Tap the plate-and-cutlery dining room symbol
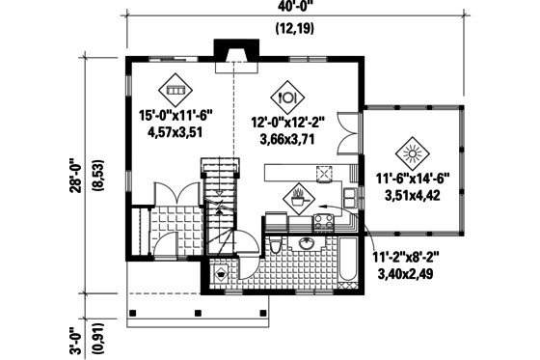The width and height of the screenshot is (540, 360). tap(286, 96)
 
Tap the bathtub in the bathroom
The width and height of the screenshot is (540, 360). tap(344, 260)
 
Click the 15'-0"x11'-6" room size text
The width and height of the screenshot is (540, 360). tap(175, 115)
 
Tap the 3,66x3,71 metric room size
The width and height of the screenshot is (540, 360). tap(286, 138)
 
